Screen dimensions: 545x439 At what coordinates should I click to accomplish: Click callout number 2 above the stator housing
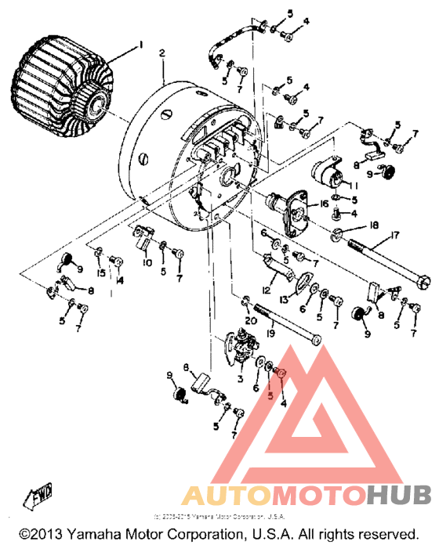(161, 52)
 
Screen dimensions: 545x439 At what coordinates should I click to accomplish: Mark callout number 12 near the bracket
(267, 291)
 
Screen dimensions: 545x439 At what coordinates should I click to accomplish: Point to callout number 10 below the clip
(147, 262)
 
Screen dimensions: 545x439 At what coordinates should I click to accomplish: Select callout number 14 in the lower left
(120, 280)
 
